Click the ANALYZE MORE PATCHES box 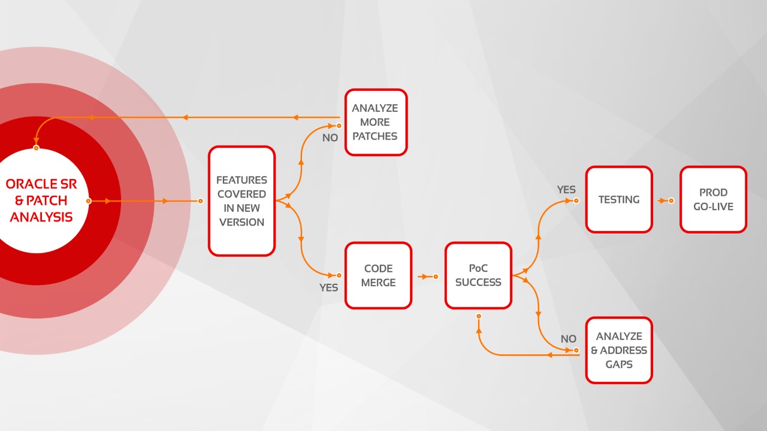point(376,122)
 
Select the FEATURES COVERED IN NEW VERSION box point(241,201)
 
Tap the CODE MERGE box point(378,275)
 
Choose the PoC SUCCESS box point(478,275)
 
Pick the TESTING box point(618,199)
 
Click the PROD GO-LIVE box point(713,199)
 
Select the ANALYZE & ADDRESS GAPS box point(618,350)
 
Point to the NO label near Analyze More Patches point(330,138)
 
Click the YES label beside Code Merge point(328,287)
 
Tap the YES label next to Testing point(566,190)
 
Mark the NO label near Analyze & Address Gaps point(568,339)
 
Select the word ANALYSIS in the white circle point(41,217)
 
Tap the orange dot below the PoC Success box point(478,315)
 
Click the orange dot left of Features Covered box point(201,201)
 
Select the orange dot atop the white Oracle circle point(37,147)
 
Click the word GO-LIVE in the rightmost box point(713,207)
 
